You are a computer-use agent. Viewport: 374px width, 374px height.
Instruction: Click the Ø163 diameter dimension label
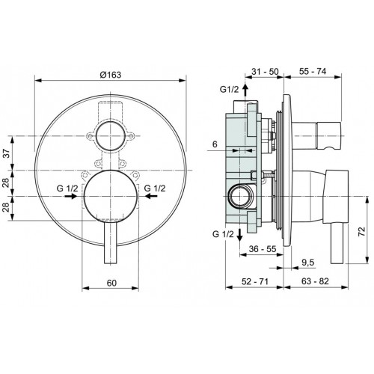coord(111,75)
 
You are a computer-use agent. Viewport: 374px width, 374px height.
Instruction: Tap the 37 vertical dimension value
coord(7,153)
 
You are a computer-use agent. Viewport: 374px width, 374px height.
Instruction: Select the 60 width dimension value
coord(111,283)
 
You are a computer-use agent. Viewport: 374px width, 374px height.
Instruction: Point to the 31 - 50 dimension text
coord(265,72)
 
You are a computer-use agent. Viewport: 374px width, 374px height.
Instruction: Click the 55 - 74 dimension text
coord(313,71)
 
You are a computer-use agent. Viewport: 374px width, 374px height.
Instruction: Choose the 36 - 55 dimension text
coord(263,248)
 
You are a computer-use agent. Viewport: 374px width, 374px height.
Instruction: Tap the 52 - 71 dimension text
coord(255,281)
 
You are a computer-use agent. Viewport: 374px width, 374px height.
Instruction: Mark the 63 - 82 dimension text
coord(315,281)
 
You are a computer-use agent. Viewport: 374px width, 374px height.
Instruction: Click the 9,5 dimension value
coord(308,263)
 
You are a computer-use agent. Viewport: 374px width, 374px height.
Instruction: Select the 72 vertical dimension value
coord(361,231)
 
